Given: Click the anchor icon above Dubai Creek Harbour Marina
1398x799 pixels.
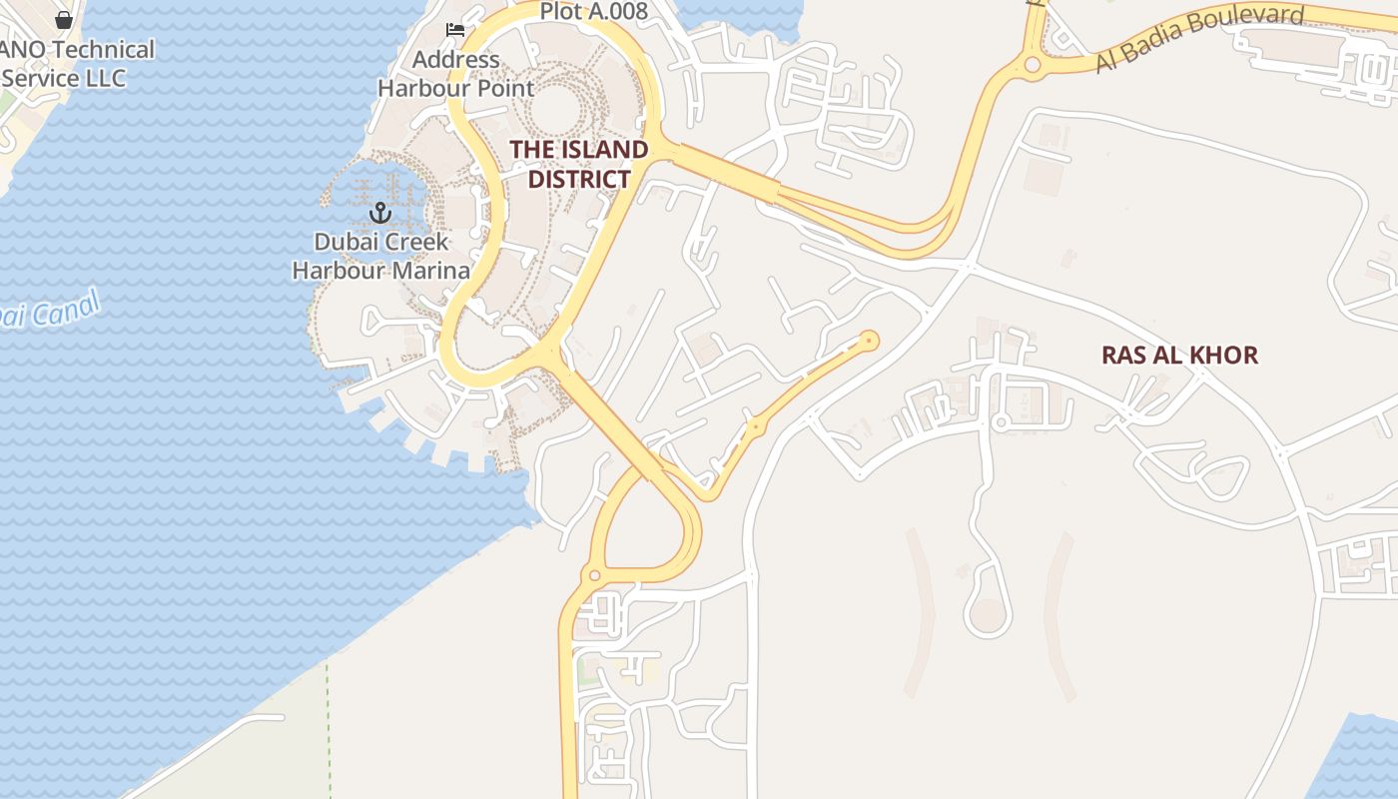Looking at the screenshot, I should (x=379, y=212).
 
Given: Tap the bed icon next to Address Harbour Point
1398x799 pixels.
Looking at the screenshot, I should (x=455, y=29).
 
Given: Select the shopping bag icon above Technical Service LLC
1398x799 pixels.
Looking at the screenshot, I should (x=64, y=19).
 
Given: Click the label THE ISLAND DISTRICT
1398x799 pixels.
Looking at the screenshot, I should (x=579, y=164).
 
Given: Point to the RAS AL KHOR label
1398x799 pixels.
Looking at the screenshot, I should (x=1179, y=355).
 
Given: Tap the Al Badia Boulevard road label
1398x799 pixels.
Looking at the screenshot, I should (x=1199, y=39).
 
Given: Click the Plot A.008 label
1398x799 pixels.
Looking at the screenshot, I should (x=594, y=12).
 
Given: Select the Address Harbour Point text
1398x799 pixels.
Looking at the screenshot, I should (x=455, y=74).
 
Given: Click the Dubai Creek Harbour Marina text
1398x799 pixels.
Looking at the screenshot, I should (x=380, y=256).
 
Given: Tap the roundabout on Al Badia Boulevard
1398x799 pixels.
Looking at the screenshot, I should (x=1033, y=65).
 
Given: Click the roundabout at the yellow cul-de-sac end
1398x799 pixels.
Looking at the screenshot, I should (x=870, y=341).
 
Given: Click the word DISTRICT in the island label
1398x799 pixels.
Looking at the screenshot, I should (x=579, y=179).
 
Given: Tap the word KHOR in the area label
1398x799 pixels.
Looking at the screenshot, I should (x=1223, y=355).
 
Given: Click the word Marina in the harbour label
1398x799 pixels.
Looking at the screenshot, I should (x=431, y=271).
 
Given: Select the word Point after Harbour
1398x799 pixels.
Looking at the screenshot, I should (x=504, y=88).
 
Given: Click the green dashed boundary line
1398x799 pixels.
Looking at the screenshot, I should (x=328, y=729).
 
